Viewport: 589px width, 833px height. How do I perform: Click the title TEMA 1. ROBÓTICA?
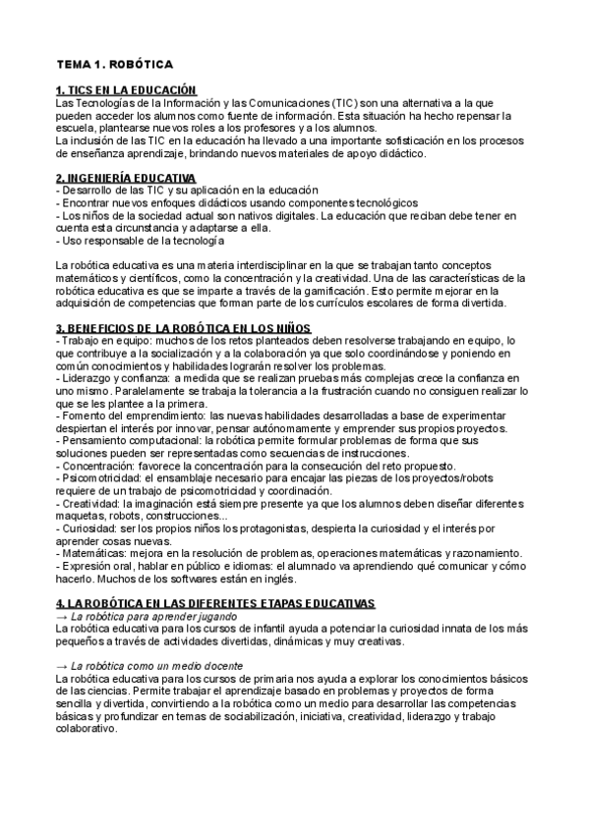pos(114,65)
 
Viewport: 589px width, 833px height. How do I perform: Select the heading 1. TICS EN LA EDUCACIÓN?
pos(127,90)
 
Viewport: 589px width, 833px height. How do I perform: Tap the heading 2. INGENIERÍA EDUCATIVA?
pos(126,177)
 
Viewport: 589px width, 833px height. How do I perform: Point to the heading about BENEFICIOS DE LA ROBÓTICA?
pos(183,327)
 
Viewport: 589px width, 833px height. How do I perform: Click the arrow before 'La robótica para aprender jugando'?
pos(63,614)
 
